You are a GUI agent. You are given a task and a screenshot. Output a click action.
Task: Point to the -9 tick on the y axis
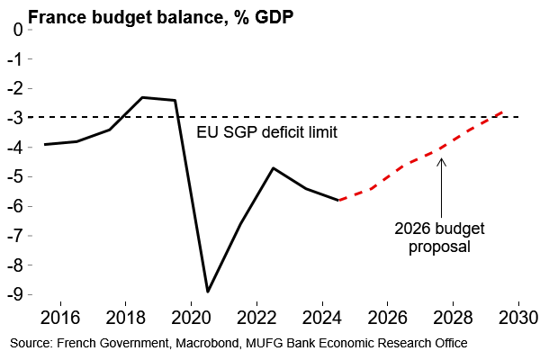pyautogui.click(x=16, y=294)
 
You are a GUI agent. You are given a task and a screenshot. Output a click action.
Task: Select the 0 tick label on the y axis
pyautogui.click(x=19, y=29)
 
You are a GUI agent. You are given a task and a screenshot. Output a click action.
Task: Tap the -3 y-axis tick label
pyautogui.click(x=16, y=117)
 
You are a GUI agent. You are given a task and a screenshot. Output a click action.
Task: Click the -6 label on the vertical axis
pyautogui.click(x=16, y=206)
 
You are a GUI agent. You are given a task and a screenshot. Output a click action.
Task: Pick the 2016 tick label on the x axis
pyautogui.click(x=61, y=319)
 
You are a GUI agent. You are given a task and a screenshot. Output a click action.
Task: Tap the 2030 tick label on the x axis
pyautogui.click(x=517, y=319)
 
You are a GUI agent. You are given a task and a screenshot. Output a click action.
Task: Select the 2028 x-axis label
pyautogui.click(x=452, y=319)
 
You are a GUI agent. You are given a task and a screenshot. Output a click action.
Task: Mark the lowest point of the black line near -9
pyautogui.click(x=208, y=292)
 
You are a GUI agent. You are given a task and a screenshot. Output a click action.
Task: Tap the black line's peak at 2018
pyautogui.click(x=142, y=97)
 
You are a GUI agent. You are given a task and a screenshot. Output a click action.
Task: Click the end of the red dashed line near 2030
pyautogui.click(x=501, y=112)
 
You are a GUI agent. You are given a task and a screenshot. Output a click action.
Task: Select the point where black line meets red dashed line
pyautogui.click(x=337, y=200)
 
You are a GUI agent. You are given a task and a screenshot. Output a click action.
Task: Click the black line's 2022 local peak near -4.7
pyautogui.click(x=273, y=168)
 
